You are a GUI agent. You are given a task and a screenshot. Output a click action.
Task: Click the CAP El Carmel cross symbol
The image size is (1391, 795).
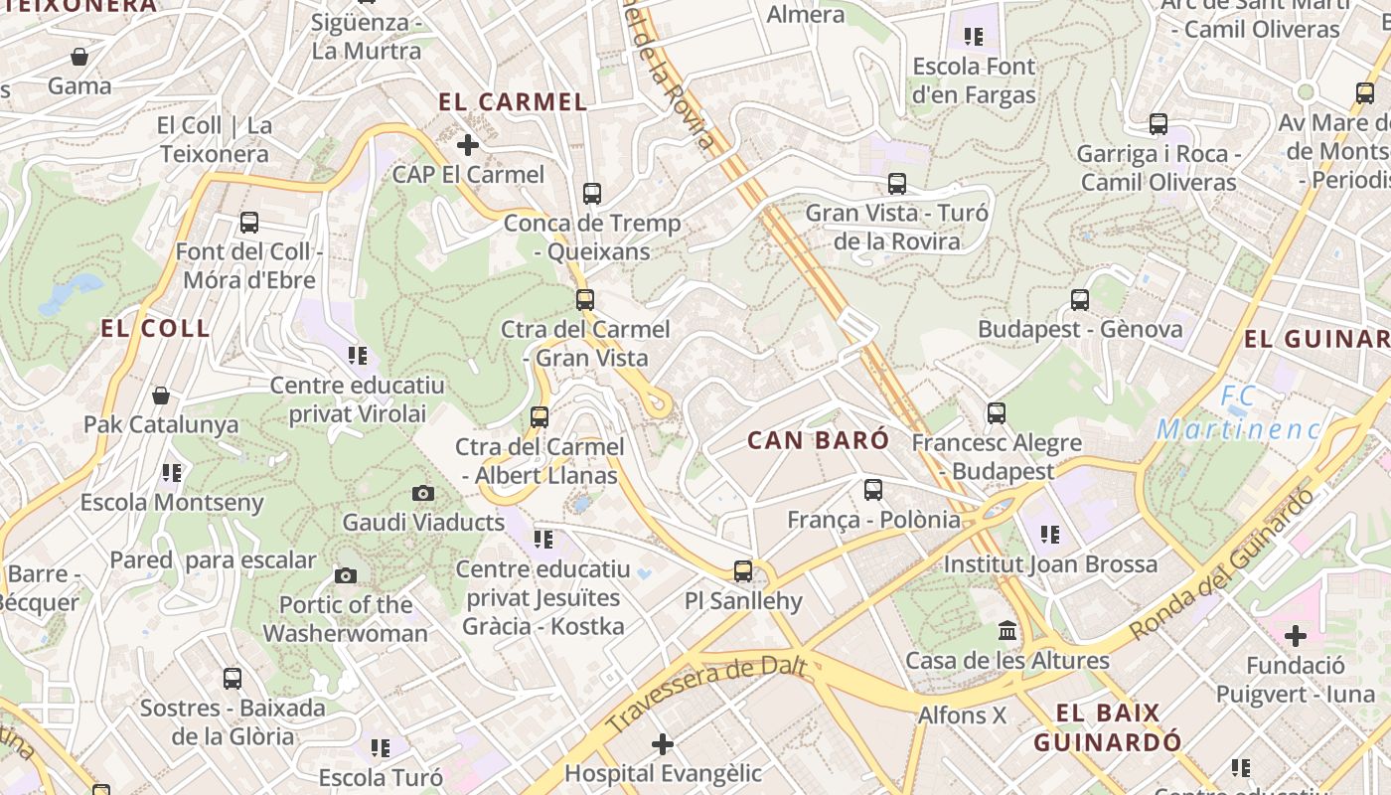click(x=467, y=145)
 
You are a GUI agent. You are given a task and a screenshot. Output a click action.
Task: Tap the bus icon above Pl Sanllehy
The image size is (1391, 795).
click(x=743, y=571)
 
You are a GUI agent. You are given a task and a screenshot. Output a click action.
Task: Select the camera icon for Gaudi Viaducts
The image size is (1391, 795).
click(x=423, y=493)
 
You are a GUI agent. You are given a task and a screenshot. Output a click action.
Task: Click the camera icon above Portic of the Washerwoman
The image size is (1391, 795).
click(x=346, y=575)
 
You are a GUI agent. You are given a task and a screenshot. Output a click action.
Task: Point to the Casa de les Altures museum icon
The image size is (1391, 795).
click(x=1007, y=631)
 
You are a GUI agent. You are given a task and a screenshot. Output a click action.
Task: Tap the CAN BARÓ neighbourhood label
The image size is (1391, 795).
click(x=818, y=440)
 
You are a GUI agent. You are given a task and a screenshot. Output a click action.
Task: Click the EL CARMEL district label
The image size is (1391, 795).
click(x=513, y=101)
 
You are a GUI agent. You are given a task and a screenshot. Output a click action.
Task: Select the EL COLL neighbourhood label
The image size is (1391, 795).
click(x=155, y=328)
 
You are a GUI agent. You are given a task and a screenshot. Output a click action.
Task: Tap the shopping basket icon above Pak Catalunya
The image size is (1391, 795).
click(x=161, y=396)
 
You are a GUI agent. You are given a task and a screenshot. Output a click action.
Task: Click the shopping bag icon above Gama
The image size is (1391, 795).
click(x=79, y=57)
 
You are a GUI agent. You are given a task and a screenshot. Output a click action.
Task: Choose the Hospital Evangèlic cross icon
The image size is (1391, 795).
click(x=663, y=743)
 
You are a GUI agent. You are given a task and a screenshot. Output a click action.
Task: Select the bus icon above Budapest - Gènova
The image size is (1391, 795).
click(x=1080, y=299)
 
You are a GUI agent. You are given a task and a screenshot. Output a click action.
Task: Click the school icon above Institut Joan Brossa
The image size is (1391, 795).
click(x=1050, y=535)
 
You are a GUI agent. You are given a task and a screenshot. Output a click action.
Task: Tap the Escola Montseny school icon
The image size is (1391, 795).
click(x=172, y=473)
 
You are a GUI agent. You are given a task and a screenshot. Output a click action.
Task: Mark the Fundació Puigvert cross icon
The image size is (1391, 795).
click(x=1295, y=635)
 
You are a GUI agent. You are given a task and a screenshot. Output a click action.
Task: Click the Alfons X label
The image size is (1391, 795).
click(x=962, y=715)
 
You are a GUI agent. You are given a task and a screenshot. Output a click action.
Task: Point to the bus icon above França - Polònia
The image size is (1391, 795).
click(x=873, y=489)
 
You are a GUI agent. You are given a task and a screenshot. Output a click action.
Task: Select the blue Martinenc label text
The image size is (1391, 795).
click(x=1238, y=429)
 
